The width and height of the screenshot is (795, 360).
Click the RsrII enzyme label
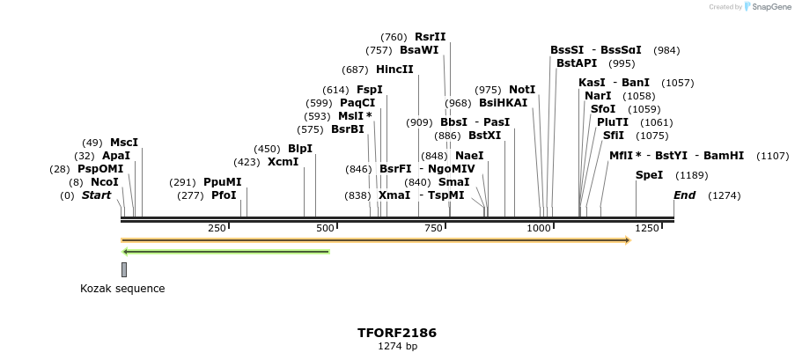(x=430, y=37)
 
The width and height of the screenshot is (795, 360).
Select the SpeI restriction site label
(x=649, y=175)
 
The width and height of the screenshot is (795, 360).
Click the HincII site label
(x=394, y=70)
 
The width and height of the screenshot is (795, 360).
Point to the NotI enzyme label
(x=522, y=90)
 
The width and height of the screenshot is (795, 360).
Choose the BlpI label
(x=300, y=149)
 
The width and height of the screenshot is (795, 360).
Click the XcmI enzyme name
(x=283, y=162)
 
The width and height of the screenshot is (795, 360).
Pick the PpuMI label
(x=222, y=182)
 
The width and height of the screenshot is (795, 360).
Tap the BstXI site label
(x=484, y=136)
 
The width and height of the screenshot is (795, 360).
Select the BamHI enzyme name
(x=724, y=156)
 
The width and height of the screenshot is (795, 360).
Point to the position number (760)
(x=394, y=37)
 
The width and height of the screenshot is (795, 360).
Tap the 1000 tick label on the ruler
(x=539, y=228)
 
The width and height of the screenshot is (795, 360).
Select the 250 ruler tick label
(x=217, y=228)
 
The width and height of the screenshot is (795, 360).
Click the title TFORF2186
(x=396, y=333)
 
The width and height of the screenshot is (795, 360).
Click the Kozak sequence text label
(x=122, y=289)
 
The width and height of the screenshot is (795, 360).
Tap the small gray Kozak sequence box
(x=124, y=269)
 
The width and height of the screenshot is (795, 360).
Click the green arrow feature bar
(x=225, y=252)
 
